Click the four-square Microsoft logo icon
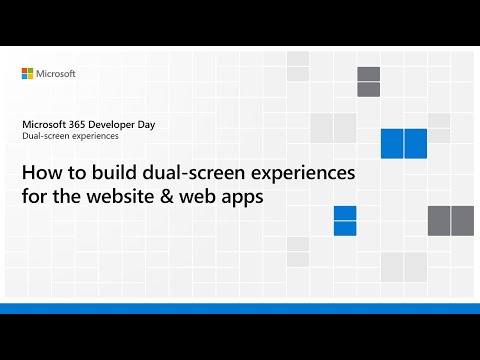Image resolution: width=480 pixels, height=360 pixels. (x=28, y=74)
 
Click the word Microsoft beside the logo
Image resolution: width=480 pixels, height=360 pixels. (x=57, y=74)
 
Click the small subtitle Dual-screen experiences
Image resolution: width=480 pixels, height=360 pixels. (x=70, y=136)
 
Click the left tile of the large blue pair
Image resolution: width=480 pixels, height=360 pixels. (x=392, y=144)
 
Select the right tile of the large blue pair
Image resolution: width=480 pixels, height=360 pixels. (x=416, y=144)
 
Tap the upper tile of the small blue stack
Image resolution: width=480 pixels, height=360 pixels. (x=345, y=213)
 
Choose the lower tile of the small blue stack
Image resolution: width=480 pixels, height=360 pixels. (x=345, y=228)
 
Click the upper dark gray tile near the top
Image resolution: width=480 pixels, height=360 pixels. (x=368, y=74)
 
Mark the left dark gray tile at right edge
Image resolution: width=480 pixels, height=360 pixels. (x=439, y=220)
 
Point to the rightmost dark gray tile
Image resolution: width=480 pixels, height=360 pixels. (x=462, y=220)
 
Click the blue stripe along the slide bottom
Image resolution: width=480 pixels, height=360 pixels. (x=240, y=308)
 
